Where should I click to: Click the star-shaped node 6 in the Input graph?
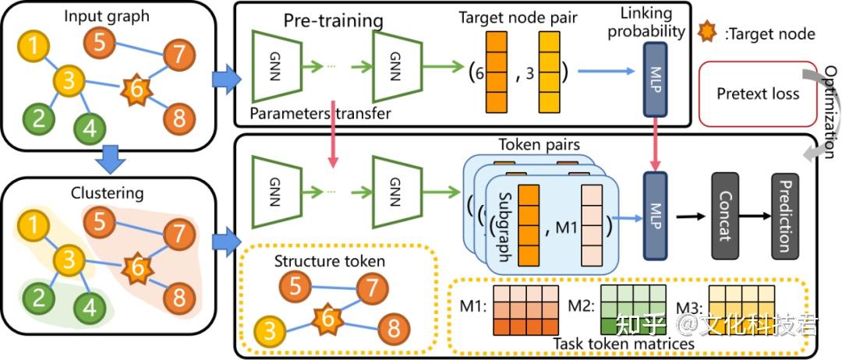click(x=135, y=91)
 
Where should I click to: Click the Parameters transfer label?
click(x=320, y=114)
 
